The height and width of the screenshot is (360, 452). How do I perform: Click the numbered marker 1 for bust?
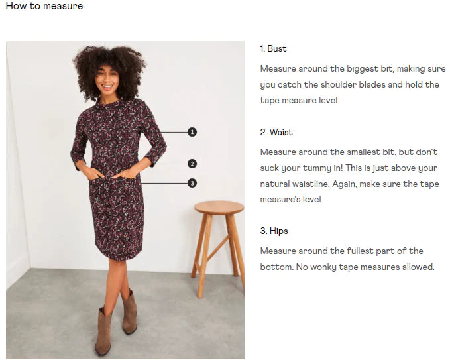[192, 132]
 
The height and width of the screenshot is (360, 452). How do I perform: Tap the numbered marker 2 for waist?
[192, 164]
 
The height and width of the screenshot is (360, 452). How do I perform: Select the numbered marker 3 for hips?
[192, 183]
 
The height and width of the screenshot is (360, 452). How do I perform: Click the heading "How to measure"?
[44, 6]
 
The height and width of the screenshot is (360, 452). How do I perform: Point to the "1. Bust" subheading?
[273, 48]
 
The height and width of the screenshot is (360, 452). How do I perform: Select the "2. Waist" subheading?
[276, 132]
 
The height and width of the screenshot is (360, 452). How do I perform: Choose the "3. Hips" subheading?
[274, 231]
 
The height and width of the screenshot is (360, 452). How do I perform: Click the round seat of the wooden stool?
[219, 208]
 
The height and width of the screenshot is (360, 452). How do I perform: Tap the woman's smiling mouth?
[107, 86]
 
